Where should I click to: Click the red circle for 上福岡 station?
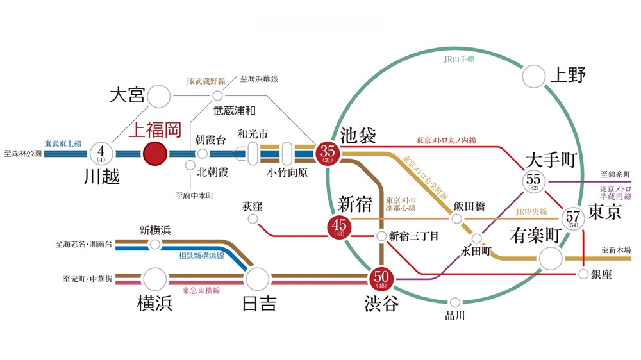tap(154, 154)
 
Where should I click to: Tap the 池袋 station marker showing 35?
tap(328, 153)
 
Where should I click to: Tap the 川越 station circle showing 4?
tap(101, 154)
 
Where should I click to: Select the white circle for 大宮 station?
tap(158, 97)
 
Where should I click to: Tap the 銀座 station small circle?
tap(583, 274)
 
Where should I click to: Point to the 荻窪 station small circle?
tap(253, 219)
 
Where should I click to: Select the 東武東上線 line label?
tap(63, 143)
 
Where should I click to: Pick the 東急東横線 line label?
tap(201, 290)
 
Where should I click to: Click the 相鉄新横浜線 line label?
tap(201, 255)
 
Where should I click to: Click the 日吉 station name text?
tap(260, 303)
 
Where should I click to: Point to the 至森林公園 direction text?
tap(22, 154)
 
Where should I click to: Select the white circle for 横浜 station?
tap(154, 279)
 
